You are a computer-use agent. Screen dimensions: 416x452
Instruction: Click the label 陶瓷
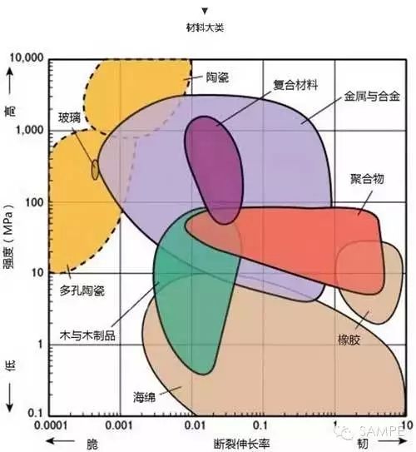[x=217, y=77]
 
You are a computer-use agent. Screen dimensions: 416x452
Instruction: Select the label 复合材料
[x=295, y=85]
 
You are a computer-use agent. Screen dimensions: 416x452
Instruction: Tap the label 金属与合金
[x=372, y=96]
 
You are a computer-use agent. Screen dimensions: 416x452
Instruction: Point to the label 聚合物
[x=367, y=179]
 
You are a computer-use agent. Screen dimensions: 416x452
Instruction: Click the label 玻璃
[x=69, y=117]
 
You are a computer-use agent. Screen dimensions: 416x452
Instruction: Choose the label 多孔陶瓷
[x=82, y=291]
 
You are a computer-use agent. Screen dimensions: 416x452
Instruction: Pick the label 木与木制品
[x=87, y=335]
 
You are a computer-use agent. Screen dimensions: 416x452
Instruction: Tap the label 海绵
[x=144, y=397]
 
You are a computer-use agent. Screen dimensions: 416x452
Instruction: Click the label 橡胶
[x=349, y=340]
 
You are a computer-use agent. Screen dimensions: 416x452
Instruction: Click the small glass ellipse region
[x=95, y=170]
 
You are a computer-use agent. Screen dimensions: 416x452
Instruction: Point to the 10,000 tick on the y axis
[x=27, y=58]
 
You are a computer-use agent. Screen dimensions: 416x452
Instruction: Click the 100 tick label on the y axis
[x=35, y=202]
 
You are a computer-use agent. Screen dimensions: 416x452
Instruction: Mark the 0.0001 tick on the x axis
[x=51, y=425]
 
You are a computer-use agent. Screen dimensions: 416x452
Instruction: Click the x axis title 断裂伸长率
[x=241, y=444]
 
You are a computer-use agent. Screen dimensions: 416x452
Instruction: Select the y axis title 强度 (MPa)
[x=8, y=236]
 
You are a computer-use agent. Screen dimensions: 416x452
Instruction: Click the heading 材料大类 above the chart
[x=205, y=27]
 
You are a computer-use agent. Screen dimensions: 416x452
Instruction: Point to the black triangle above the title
[x=205, y=11]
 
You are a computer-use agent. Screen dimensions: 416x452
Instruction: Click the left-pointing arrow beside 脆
[x=60, y=441]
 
